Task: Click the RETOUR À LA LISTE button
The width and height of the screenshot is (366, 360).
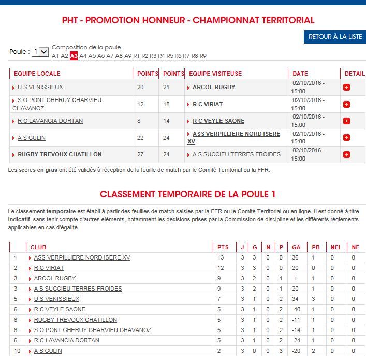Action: click(334, 37)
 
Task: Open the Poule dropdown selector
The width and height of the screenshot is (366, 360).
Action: click(40, 52)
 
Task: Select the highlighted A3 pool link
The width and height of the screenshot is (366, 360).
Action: click(74, 56)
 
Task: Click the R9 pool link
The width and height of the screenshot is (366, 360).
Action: click(203, 56)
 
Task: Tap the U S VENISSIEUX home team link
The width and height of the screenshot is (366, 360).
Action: click(40, 87)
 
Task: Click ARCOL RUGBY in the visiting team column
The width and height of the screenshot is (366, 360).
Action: click(213, 87)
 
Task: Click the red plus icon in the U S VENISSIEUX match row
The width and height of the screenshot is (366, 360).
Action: click(346, 87)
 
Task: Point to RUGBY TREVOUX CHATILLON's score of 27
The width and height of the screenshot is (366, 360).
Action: click(141, 154)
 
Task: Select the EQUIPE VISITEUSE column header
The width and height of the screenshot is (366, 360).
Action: click(215, 74)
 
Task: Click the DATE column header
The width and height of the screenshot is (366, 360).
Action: click(300, 74)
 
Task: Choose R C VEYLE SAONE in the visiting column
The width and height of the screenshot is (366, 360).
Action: click(218, 121)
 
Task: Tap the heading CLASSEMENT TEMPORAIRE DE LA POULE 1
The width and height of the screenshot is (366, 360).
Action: click(187, 194)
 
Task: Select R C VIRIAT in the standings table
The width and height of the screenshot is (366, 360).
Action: click(49, 268)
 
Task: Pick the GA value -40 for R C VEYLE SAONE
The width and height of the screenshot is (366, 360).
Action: click(296, 309)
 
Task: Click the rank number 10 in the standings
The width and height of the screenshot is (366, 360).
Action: click(16, 351)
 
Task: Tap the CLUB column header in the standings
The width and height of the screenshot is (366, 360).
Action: click(38, 247)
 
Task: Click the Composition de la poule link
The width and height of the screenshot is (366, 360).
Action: click(86, 47)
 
